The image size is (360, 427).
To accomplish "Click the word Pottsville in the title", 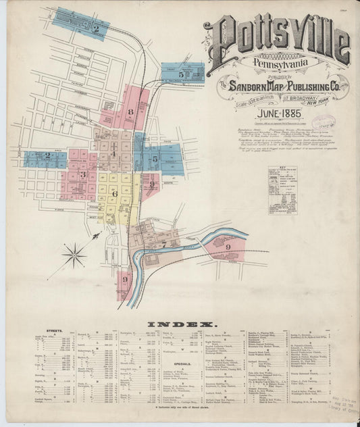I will [277, 39].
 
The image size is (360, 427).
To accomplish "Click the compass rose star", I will [74, 255].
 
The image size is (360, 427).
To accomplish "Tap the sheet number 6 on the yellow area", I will [115, 193].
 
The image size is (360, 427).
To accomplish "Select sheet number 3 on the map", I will [83, 175].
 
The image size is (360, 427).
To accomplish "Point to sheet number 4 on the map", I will [113, 154].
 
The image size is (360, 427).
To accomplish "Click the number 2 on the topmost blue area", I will [97, 28].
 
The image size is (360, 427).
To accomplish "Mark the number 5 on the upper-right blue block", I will [182, 73].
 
